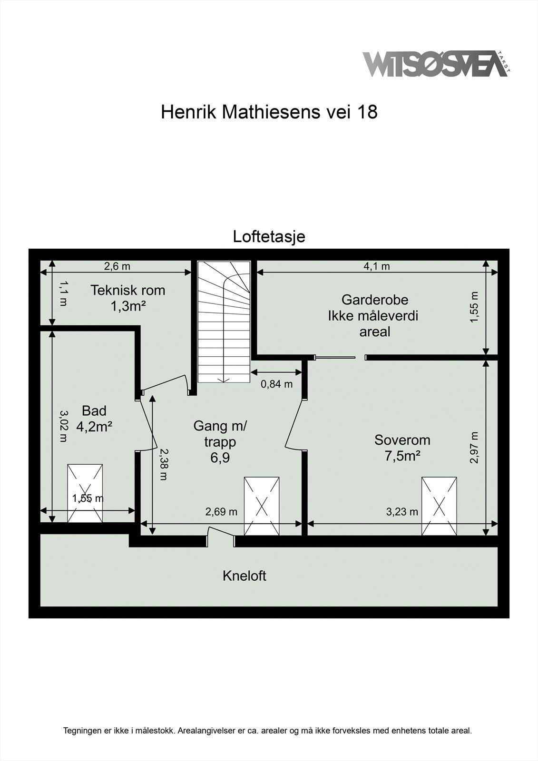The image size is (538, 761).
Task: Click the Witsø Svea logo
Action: point(435,64)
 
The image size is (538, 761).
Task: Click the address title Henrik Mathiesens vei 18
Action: point(269,112)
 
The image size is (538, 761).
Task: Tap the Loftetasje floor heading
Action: point(269,236)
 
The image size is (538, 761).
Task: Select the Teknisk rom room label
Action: point(127,297)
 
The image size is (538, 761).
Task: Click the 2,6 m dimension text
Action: point(117,266)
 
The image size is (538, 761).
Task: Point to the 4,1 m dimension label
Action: point(376,266)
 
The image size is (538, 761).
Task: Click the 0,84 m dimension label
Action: point(276,384)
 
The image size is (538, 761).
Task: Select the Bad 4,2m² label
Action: point(94,419)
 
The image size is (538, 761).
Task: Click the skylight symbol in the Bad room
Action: point(85,493)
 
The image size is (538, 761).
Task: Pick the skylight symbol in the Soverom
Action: point(439,506)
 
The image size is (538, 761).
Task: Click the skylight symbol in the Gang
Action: point(262,506)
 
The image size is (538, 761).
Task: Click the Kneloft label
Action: point(244,576)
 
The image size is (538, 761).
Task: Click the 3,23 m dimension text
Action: point(402,512)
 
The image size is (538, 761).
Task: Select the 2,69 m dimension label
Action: point(221,512)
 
